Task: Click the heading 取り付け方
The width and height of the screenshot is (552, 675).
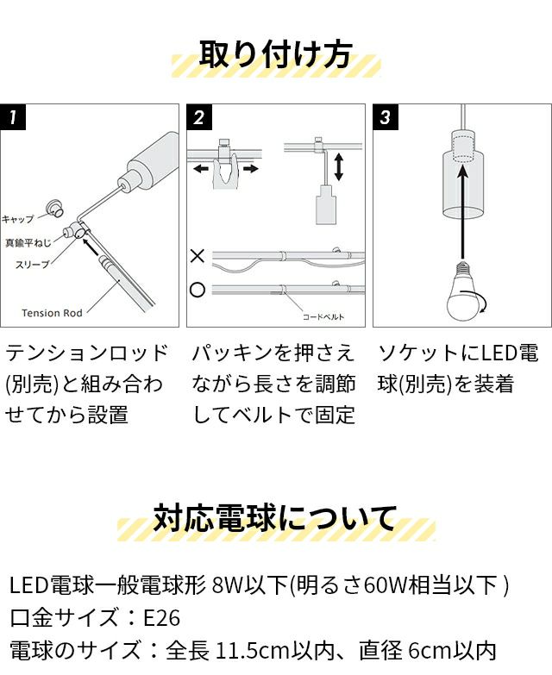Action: point(276,54)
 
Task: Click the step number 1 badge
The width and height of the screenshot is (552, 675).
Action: point(13,116)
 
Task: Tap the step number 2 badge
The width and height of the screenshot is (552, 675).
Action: point(199,116)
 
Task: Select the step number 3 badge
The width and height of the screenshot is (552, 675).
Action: point(386,116)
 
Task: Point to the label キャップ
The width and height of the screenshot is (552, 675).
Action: point(17,219)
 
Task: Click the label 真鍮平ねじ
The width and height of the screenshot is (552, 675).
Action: point(28,243)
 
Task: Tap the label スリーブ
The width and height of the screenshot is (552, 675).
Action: point(32,265)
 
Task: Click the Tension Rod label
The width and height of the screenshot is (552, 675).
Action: point(52,313)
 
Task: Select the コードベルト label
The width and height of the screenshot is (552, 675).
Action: point(323,317)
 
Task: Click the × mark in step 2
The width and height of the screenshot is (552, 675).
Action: point(198,256)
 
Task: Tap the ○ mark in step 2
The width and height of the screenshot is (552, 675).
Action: point(198,290)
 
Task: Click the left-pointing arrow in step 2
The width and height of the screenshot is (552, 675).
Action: point(201,168)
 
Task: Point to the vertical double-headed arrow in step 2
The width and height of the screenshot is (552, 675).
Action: point(339,166)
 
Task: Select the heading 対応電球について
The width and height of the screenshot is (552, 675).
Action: point(275,518)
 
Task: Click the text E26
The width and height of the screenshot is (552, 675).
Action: point(161,618)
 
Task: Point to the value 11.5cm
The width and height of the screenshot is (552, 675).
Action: point(252,651)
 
